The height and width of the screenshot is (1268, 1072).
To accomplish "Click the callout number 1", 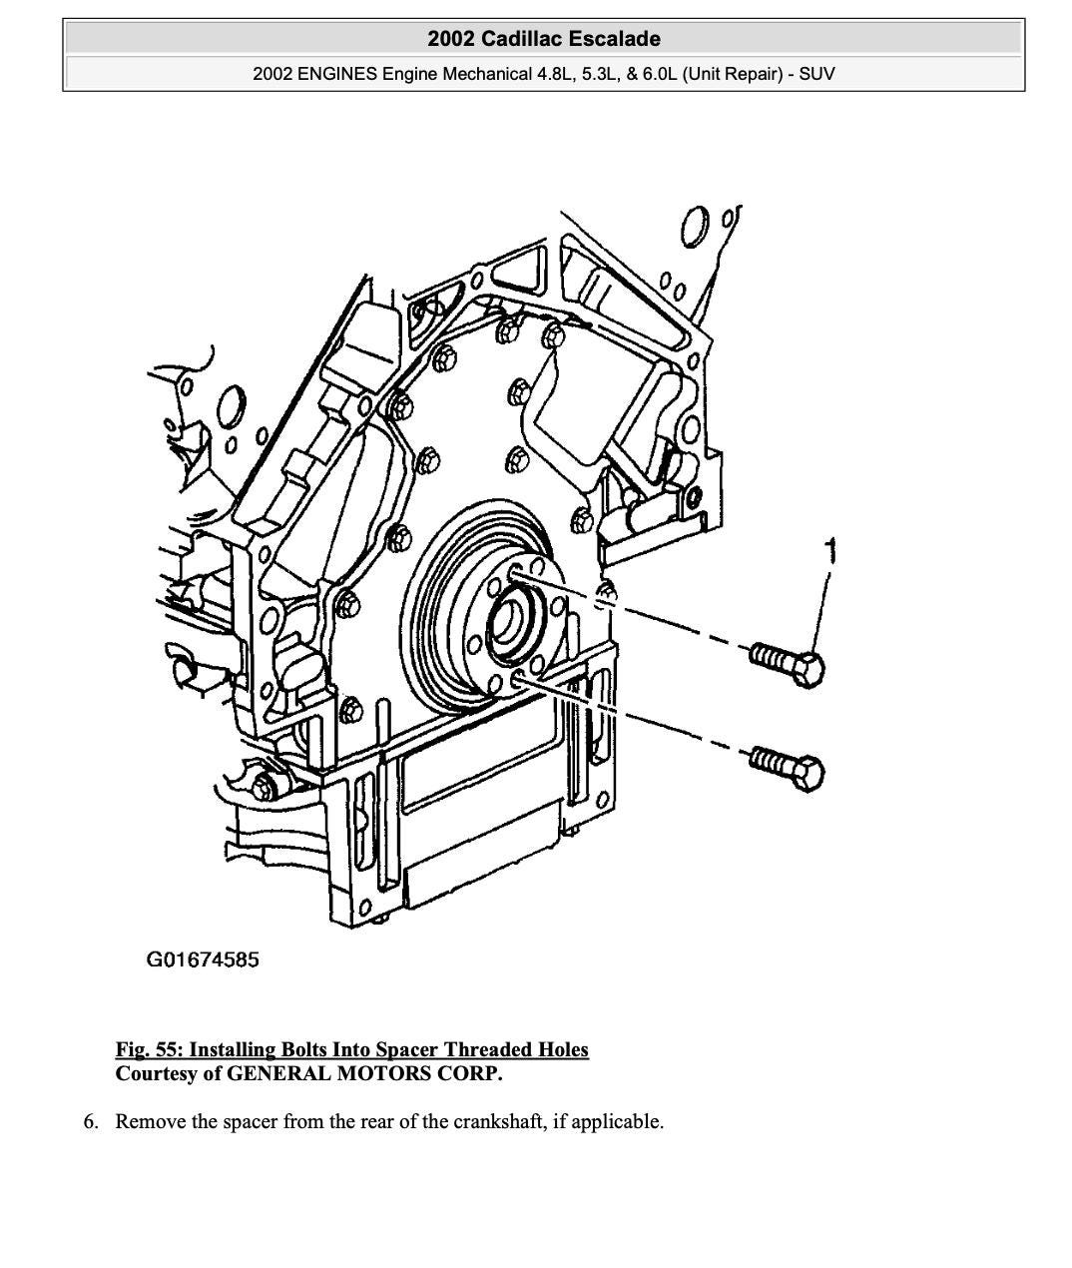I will click(x=829, y=550).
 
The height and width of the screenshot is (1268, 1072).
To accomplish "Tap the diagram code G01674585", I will click(x=203, y=960).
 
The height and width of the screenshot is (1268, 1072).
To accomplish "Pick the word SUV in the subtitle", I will click(x=816, y=74).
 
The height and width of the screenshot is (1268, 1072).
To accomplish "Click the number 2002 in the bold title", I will click(x=451, y=39).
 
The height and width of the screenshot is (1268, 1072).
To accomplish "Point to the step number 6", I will click(x=91, y=1121).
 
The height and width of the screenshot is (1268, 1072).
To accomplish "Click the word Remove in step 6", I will click(x=151, y=1121).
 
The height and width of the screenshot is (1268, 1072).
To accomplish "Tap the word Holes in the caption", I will click(x=564, y=1049).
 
